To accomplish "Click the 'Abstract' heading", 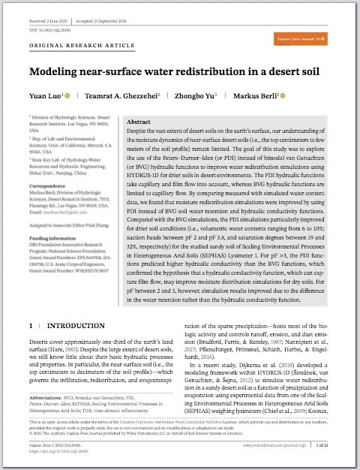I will click(x=139, y=122).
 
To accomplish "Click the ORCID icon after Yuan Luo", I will click(x=67, y=97).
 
